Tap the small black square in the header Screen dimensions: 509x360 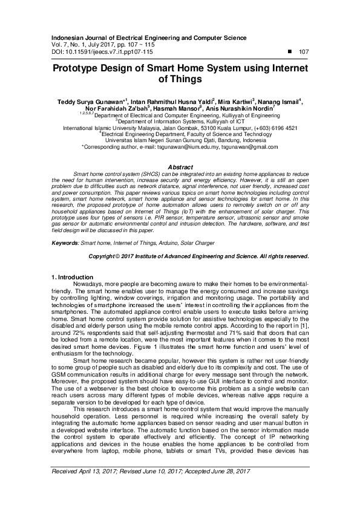tap(290, 52)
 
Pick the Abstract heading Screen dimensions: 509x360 tap(179, 167)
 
